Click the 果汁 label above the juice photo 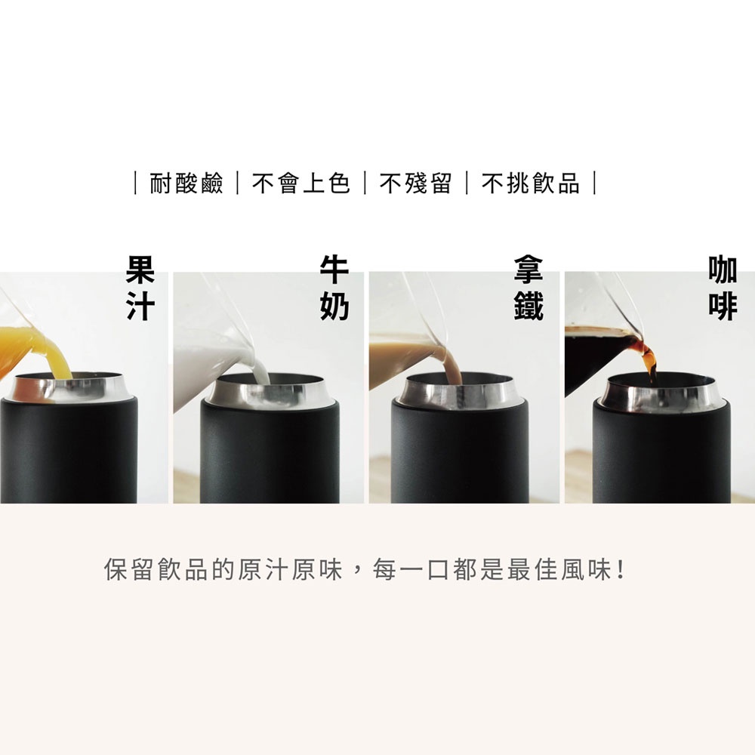140,288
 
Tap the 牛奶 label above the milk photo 334,288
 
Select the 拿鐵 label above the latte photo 528,288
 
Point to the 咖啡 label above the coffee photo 723,288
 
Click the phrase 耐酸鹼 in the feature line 186,183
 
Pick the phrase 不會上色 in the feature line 301,183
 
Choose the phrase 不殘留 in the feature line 416,183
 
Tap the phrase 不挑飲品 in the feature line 531,183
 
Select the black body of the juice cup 69,450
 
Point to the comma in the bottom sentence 357,573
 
